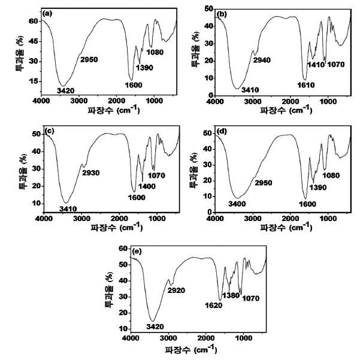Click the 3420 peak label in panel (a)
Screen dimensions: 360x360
tap(66, 91)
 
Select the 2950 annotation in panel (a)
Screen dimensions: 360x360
tap(89, 60)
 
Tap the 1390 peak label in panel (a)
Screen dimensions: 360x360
tap(144, 68)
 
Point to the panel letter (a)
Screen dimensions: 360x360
tap(47, 14)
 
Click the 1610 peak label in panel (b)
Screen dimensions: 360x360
tap(306, 85)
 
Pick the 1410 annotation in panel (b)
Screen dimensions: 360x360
tap(316, 65)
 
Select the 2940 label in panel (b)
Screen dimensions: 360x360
tap(262, 60)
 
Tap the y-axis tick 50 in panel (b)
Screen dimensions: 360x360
tap(208, 9)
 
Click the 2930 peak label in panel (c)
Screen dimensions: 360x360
tap(91, 173)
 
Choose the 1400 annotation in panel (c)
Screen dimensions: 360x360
tap(147, 186)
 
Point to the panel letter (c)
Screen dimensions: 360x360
tap(50, 131)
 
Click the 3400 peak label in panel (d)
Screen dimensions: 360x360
tap(237, 204)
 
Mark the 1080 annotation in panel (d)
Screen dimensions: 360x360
tap(331, 176)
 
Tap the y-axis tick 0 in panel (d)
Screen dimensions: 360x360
tap(209, 213)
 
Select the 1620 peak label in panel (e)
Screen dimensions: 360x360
tap(213, 305)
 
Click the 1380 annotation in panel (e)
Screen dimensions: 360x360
tap(231, 295)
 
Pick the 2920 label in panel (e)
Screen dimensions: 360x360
tap(176, 291)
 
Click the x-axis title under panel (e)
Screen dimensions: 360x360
tap(191, 349)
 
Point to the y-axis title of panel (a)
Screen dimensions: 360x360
tap(20, 53)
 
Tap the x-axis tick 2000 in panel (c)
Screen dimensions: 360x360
tap(119, 219)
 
